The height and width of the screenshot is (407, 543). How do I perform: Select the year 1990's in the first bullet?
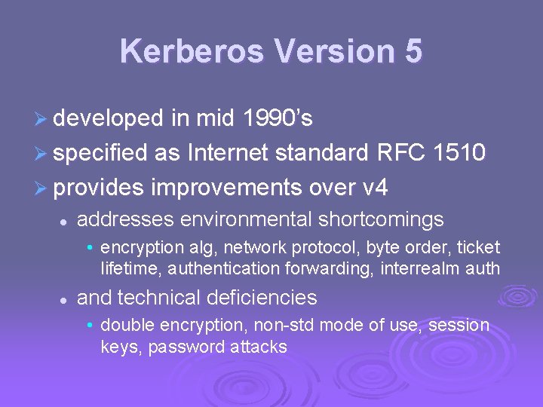click(278, 118)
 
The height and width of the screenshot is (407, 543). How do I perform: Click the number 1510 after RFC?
click(459, 153)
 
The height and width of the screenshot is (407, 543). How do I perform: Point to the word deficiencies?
click(264, 298)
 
